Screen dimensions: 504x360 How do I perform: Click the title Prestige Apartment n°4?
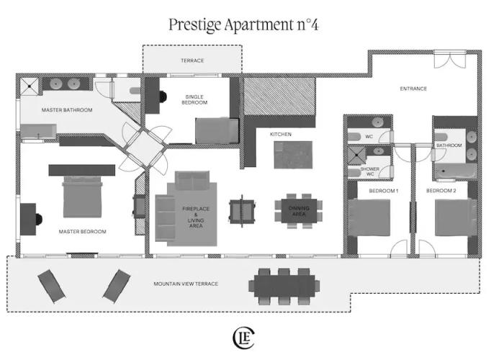click(243, 24)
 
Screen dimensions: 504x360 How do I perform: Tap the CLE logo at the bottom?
click(243, 338)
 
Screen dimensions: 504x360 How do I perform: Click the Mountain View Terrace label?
click(186, 284)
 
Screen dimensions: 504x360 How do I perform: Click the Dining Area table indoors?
click(299, 211)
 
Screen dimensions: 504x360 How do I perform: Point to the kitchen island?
click(293, 155)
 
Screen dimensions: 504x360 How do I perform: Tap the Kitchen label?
click(281, 135)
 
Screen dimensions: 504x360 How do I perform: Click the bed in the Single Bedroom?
click(217, 131)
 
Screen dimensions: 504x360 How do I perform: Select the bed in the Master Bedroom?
click(82, 197)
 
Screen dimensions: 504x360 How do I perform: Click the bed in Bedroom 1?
click(369, 218)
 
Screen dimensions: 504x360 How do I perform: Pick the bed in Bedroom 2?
click(456, 217)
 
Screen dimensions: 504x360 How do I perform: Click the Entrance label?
click(413, 89)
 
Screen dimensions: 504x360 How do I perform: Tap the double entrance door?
click(450, 60)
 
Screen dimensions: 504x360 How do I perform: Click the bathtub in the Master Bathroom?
click(39, 132)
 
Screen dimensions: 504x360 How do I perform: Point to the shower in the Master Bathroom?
click(30, 86)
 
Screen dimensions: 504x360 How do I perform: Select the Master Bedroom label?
click(82, 231)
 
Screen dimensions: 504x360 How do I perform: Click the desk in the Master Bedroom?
click(28, 219)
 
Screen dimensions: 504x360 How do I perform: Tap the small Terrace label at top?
click(192, 60)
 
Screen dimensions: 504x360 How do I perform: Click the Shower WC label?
click(369, 171)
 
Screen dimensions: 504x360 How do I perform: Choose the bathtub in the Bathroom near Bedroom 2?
click(456, 171)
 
